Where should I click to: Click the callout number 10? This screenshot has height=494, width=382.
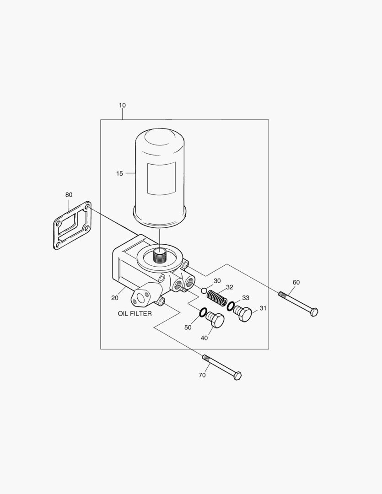pyautogui.click(x=122, y=105)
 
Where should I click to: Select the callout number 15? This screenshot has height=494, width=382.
pyautogui.click(x=119, y=173)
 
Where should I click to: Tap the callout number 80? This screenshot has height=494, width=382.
pyautogui.click(x=69, y=194)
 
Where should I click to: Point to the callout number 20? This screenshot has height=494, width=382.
pyautogui.click(x=114, y=298)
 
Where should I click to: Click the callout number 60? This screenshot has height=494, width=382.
pyautogui.click(x=296, y=282)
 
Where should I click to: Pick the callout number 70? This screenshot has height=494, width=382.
pyautogui.click(x=202, y=375)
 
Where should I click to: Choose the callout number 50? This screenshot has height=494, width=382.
pyautogui.click(x=188, y=328)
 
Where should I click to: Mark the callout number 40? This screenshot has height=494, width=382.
pyautogui.click(x=204, y=338)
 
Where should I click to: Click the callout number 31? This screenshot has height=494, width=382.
pyautogui.click(x=263, y=308)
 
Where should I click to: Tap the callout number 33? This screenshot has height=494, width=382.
pyautogui.click(x=246, y=298)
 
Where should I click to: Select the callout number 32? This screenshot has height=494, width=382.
pyautogui.click(x=230, y=287)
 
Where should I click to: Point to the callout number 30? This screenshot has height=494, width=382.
pyautogui.click(x=217, y=281)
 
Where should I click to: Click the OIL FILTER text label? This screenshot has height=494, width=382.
pyautogui.click(x=135, y=314)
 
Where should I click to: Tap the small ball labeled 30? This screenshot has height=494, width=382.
pyautogui.click(x=204, y=290)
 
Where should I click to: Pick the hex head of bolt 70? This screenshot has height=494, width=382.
pyautogui.click(x=237, y=376)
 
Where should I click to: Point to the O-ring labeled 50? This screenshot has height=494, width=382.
pyautogui.click(x=203, y=313)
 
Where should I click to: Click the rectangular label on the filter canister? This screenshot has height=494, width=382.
pyautogui.click(x=161, y=178)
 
